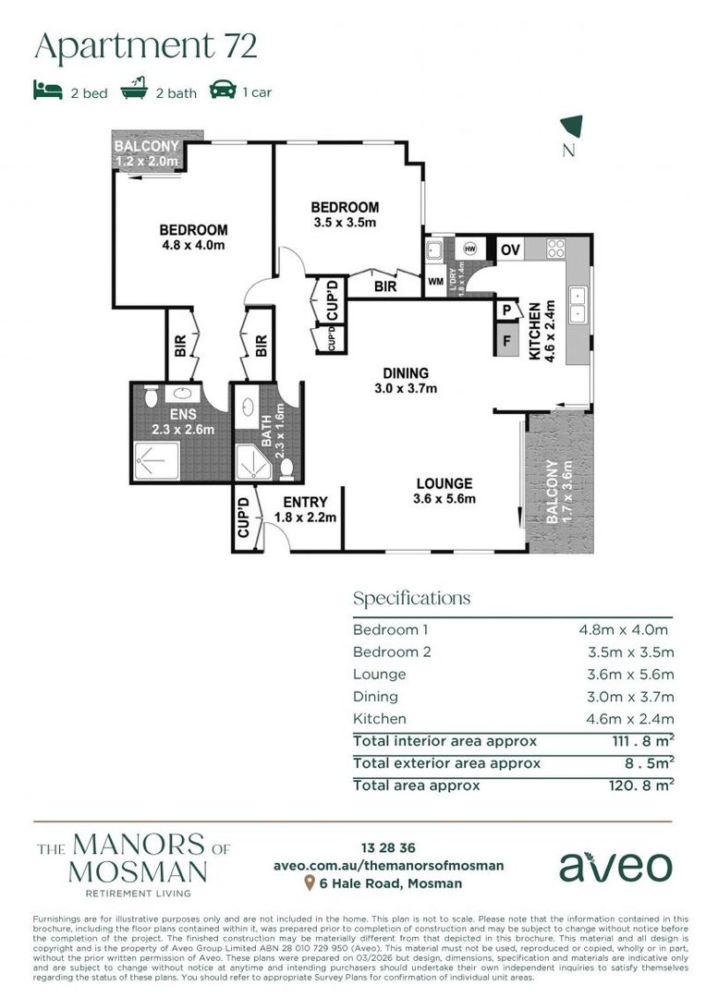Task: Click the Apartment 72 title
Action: point(145,45)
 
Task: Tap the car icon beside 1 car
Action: point(222,91)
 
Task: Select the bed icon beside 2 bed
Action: point(47,91)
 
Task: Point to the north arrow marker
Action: point(572,127)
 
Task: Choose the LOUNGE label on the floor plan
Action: point(444,483)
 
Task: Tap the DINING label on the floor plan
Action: point(407,373)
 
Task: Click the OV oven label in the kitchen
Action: point(509,249)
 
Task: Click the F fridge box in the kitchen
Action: point(505,339)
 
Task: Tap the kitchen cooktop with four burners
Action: point(557,248)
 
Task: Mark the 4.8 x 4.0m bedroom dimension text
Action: point(193,245)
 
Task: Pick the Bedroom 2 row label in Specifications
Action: point(392,651)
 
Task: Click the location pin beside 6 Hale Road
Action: point(310,884)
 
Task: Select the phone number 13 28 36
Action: point(388,847)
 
